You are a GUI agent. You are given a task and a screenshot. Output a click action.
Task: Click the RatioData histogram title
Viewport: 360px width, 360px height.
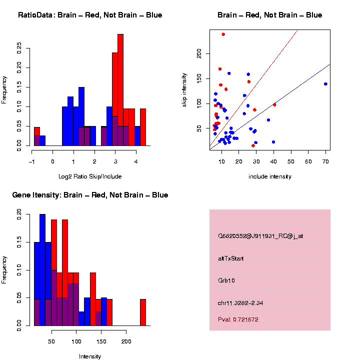pyautogui.click(x=90, y=15)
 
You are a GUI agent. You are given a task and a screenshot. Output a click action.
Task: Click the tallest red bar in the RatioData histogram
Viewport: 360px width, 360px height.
pyautogui.click(x=120, y=90)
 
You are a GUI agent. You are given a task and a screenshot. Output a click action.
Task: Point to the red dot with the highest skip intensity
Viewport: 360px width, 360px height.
pyautogui.click(x=223, y=34)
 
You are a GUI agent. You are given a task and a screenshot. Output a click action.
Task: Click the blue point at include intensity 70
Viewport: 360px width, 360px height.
pyautogui.click(x=325, y=84)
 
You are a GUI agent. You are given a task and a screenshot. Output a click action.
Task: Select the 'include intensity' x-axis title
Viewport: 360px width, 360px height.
pyautogui.click(x=269, y=176)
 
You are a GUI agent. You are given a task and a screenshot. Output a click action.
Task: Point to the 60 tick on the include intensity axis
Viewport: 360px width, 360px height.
pyautogui.click(x=308, y=161)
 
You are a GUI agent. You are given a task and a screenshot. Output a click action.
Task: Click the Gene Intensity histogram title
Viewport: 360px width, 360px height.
pyautogui.click(x=90, y=195)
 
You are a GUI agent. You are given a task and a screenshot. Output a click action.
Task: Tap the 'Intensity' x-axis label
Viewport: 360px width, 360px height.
pyautogui.click(x=90, y=356)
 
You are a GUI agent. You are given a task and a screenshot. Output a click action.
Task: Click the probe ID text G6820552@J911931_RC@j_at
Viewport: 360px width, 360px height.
pyautogui.click(x=260, y=236)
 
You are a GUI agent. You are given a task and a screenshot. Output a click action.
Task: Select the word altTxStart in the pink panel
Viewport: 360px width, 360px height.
pyautogui.click(x=231, y=258)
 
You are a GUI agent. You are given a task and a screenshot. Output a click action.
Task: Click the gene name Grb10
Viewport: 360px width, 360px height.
pyautogui.click(x=226, y=280)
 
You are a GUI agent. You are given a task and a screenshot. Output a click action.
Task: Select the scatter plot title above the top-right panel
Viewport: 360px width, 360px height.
pyautogui.click(x=269, y=15)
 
